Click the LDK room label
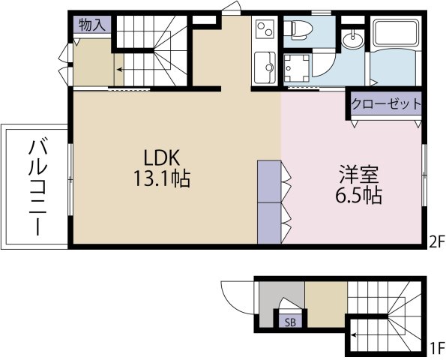tap(162, 158)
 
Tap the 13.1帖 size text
tap(162, 178)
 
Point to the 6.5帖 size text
tap(359, 195)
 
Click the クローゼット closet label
tap(386, 103)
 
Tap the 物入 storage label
tap(92, 24)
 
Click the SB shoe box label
tap(290, 322)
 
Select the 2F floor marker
tap(436, 243)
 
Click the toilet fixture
tap(298, 30)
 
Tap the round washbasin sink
tap(353, 40)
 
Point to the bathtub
tap(396, 33)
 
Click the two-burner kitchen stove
tap(265, 29)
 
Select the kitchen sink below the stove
tap(265, 67)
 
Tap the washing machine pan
tap(297, 67)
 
